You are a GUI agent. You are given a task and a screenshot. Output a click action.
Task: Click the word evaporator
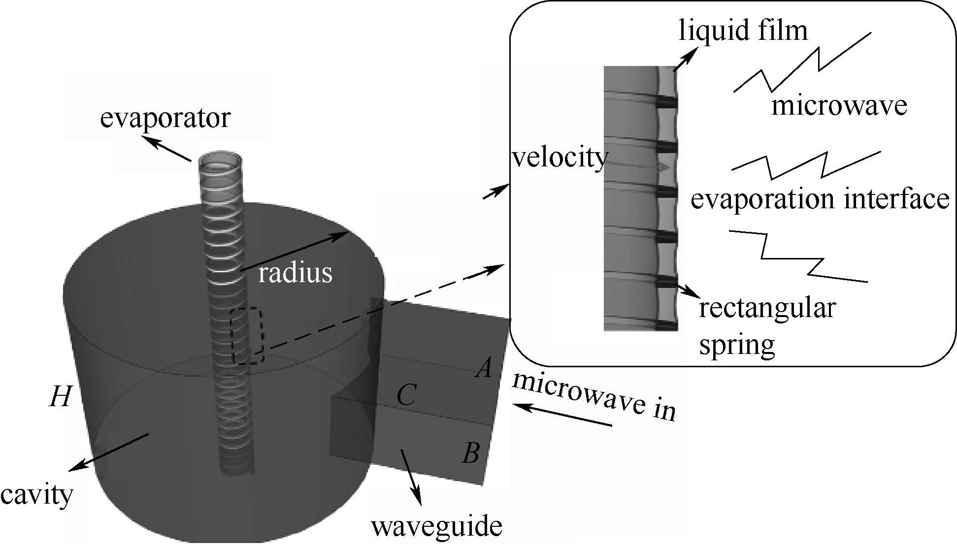pos(165,119)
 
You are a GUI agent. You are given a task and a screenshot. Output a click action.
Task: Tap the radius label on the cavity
pos(295,273)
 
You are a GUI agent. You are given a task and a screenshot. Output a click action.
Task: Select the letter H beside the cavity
pos(61,397)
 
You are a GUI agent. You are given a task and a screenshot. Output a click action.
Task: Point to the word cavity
pos(37,494)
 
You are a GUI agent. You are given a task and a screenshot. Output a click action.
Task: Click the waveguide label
pos(436,526)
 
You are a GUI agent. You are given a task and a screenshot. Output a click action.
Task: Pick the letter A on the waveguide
pos(484,367)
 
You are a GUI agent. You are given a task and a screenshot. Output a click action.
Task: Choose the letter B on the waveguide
pos(471,453)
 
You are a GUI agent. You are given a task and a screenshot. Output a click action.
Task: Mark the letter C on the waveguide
pos(407,395)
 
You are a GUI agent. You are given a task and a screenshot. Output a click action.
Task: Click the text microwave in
pos(594,397)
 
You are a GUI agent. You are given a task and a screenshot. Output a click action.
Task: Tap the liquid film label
pos(743,31)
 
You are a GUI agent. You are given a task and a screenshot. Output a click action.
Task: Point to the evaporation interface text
pos(820,199)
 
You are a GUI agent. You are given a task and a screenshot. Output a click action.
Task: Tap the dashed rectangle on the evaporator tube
pos(247,336)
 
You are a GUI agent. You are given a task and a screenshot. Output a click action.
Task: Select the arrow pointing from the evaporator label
pos(170,150)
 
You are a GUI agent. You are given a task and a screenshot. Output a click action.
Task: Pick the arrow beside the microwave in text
pos(561,415)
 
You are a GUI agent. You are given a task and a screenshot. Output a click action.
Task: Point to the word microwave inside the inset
pos(839,106)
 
